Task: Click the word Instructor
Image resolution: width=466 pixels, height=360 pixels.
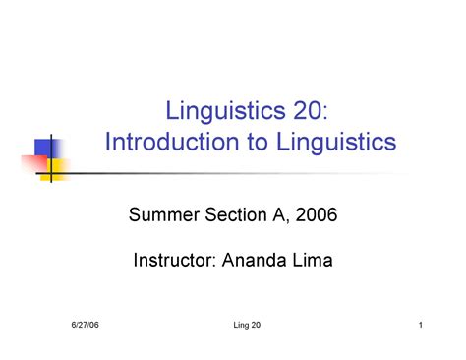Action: [173, 261]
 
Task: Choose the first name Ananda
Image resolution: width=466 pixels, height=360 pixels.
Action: [258, 261]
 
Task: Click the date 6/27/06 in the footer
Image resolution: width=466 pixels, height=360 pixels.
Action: [86, 326]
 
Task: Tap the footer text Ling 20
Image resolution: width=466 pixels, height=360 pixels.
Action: [234, 326]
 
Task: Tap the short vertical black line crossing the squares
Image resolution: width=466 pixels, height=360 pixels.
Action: [50, 162]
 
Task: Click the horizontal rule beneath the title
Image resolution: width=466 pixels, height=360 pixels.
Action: [246, 175]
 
